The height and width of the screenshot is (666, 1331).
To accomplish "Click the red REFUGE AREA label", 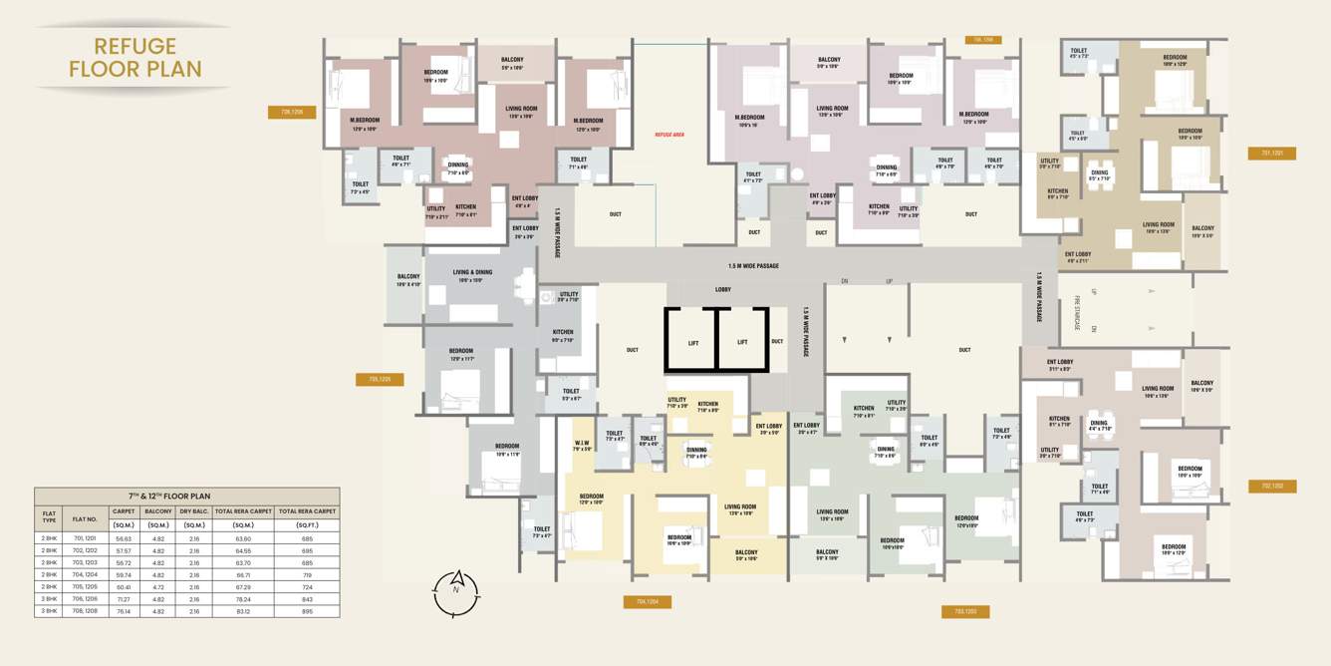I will click(x=669, y=134).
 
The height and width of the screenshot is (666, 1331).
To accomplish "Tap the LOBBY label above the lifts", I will click(x=723, y=290).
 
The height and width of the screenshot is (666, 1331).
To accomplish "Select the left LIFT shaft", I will click(x=692, y=342).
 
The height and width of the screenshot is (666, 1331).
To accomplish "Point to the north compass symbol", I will click(x=456, y=592).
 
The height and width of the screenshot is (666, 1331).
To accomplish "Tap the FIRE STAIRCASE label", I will click(x=1077, y=309).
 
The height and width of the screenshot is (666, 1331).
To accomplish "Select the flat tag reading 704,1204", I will click(x=647, y=601).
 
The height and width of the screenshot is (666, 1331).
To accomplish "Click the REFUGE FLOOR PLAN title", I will click(x=135, y=58).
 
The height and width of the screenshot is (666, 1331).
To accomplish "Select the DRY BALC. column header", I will click(x=193, y=511).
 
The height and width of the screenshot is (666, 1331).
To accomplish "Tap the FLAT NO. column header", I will click(x=85, y=517).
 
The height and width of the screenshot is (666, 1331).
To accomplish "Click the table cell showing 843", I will click(x=307, y=599).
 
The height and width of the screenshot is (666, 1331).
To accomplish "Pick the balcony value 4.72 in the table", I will click(x=157, y=587).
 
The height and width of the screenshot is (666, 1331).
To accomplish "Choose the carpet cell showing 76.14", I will click(x=124, y=611).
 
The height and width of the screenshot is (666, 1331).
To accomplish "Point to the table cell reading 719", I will click(x=307, y=574).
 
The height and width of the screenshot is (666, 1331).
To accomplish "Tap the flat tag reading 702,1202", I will click(x=1272, y=487).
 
